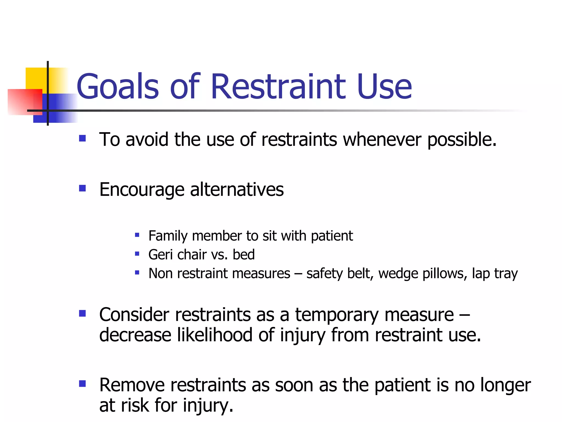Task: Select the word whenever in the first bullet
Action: point(382,140)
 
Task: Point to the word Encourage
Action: point(142,190)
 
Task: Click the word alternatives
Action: point(237,190)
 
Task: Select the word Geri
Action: point(161,255)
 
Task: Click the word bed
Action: point(244,254)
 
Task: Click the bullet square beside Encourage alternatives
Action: point(82,188)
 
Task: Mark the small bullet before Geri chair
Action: point(137,254)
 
